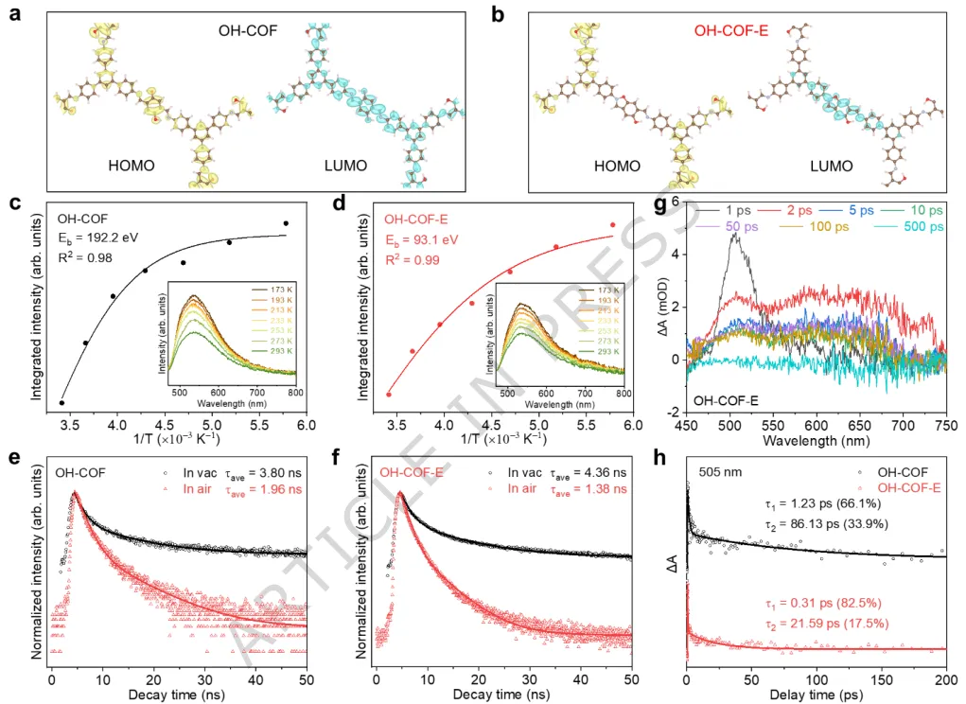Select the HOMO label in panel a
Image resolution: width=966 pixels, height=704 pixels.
(x=132, y=166)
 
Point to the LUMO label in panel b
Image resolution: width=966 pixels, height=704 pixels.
(x=832, y=166)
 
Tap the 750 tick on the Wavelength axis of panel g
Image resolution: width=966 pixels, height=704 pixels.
(x=945, y=425)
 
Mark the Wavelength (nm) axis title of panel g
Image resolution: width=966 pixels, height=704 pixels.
(x=818, y=441)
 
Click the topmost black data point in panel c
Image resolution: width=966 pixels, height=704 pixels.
(x=286, y=223)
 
